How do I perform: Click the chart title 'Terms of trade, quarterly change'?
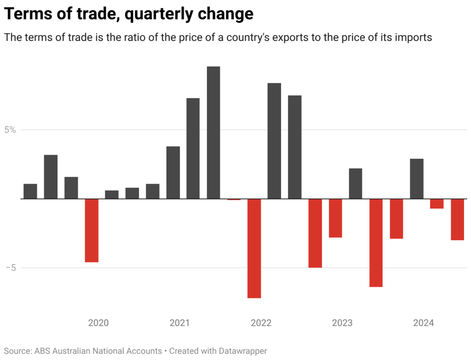pos(129,14)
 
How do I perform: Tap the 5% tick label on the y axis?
pos(10,130)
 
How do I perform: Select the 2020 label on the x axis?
pos(98,323)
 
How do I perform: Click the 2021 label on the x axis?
pos(179,323)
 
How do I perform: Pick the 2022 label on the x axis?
pos(261,323)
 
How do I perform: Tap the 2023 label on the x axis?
pos(342,323)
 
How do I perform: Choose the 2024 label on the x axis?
pos(424,323)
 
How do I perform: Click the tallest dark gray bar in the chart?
pos(213,133)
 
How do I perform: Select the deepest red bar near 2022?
pos(254,249)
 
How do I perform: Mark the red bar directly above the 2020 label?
pos(92,230)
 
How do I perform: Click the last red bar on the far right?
pos(457,220)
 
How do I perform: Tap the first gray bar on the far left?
pos(30,192)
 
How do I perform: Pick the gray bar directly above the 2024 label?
pos(417,179)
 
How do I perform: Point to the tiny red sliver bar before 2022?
pos(234,199)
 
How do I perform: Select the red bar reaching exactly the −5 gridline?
pos(315,233)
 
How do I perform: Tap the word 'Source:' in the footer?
pos(18,351)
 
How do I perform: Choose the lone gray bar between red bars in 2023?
pos(356,184)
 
